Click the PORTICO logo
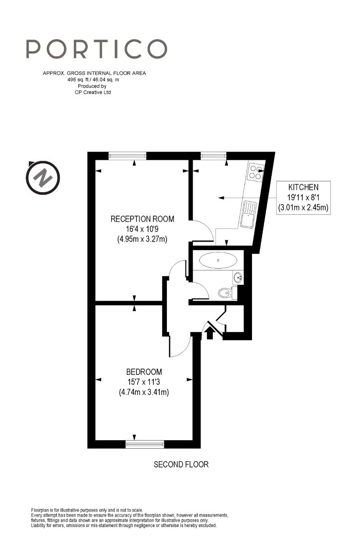click(96, 49)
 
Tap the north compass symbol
click(42, 177)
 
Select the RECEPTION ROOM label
click(142, 219)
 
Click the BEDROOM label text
click(144, 372)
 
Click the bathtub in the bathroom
click(218, 260)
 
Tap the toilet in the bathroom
click(225, 294)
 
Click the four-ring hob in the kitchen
click(256, 172)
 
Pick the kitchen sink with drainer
click(248, 214)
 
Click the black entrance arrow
click(209, 333)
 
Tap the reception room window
click(127, 156)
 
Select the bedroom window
click(145, 445)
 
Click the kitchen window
click(213, 156)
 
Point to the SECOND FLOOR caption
click(181, 464)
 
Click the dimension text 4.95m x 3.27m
click(142, 239)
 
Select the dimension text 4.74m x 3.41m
click(144, 392)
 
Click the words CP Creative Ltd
click(94, 92)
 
